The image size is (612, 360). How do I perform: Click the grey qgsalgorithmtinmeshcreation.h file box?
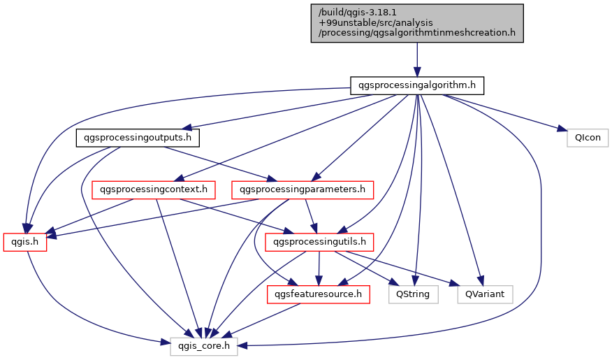pos(416,22)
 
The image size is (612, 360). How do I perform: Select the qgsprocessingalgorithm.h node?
pos(416,86)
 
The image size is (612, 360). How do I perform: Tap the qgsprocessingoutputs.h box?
pos(138,138)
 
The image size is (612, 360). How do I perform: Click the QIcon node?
pos(588,138)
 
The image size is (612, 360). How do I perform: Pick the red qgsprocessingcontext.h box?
pos(154,189)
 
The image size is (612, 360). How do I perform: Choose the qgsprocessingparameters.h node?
pos(303,189)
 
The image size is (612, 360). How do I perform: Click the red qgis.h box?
pos(25,242)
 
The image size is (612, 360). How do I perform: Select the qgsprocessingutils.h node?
pos(319,242)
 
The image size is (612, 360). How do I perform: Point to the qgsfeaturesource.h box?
pos(319,294)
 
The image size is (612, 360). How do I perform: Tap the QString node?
pos(416,294)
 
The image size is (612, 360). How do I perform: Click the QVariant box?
pos(485,294)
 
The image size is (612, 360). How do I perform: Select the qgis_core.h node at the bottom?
pos(204,346)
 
